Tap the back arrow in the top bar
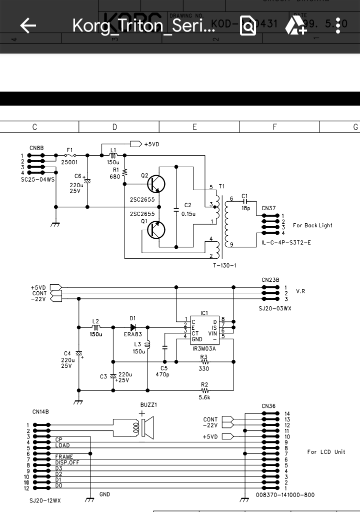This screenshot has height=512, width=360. (28, 26)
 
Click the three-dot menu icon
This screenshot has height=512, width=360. (338, 26)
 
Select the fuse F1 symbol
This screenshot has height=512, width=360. (70, 156)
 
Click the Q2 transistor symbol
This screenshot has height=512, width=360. (157, 184)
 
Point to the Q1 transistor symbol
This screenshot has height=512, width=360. (157, 230)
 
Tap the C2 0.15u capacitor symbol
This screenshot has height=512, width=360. (176, 210)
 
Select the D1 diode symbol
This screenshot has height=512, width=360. (133, 327)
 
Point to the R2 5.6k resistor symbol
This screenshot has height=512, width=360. (204, 390)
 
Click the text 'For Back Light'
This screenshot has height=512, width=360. (312, 226)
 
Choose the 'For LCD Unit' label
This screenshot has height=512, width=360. (326, 452)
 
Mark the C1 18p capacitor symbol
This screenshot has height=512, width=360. (244, 201)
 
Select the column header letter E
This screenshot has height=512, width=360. (195, 127)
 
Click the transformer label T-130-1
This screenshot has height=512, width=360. (224, 266)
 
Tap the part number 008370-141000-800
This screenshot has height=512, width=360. (285, 495)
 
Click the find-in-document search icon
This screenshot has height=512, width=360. (248, 26)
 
